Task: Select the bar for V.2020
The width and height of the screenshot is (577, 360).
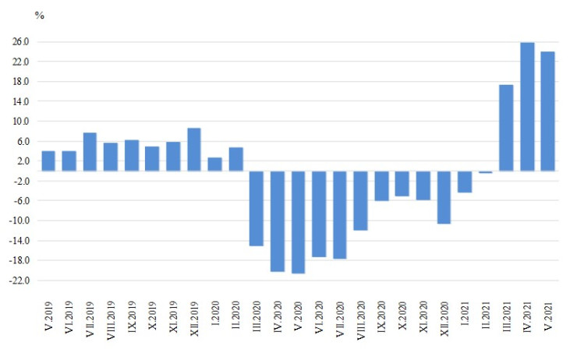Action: coord(298,222)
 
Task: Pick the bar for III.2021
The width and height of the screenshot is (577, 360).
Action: coord(506,128)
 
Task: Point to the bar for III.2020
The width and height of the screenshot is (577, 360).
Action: coord(257,208)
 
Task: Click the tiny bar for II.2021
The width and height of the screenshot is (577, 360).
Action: coord(485,172)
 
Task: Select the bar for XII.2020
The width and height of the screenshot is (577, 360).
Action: coord(444,197)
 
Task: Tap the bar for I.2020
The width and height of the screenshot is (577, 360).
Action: coord(214,164)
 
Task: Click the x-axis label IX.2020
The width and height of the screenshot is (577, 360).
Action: coord(381,321)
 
